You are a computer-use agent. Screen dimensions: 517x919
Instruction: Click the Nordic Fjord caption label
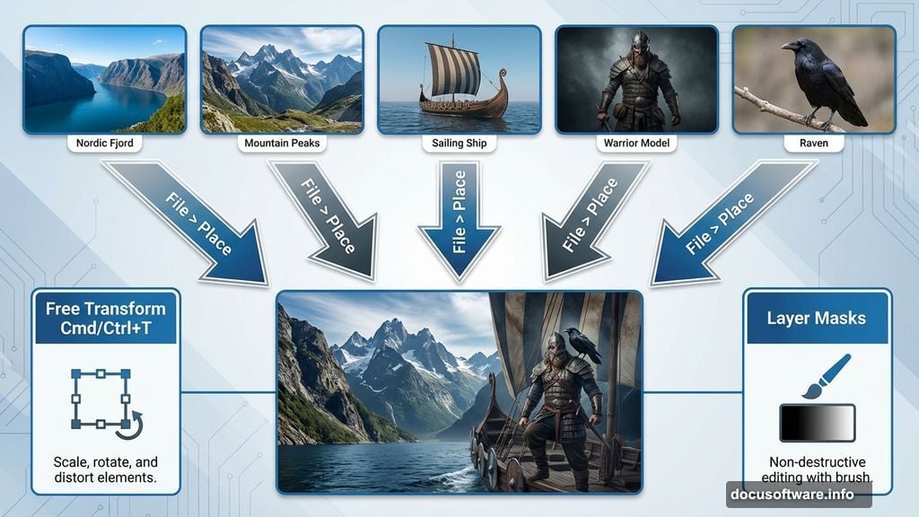(104, 143)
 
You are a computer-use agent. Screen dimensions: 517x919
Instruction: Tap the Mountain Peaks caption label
(281, 143)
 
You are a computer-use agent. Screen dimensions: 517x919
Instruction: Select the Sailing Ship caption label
(459, 143)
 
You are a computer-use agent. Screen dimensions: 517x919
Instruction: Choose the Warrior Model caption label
(636, 143)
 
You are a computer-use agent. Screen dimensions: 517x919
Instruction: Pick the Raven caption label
(813, 143)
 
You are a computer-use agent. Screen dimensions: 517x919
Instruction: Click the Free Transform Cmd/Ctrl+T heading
(106, 319)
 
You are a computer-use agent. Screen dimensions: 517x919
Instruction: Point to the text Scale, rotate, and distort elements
(106, 470)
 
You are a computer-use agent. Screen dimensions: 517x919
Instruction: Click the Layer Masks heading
(816, 318)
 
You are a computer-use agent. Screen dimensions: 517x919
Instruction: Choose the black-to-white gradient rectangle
(817, 423)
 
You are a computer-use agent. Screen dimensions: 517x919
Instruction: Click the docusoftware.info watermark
(798, 494)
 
